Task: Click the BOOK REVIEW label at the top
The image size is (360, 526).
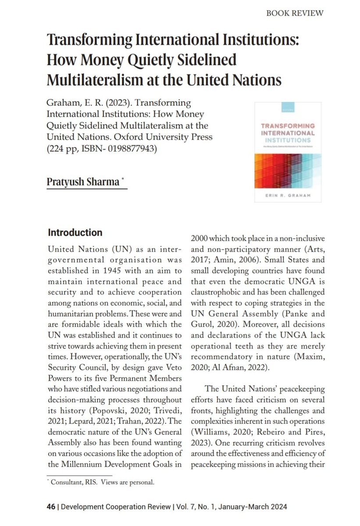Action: pos(295,13)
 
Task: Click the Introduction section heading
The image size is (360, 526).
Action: pos(75,232)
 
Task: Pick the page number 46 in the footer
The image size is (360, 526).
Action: pos(51,507)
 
